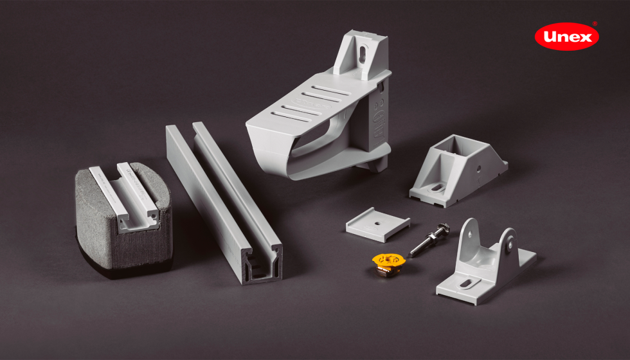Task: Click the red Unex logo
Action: [566, 37]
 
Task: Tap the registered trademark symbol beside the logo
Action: [595, 24]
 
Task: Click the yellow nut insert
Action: [388, 264]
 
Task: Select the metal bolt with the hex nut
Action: [429, 240]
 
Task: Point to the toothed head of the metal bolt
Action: [442, 230]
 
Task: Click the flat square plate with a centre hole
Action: [378, 224]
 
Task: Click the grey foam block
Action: [123, 219]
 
